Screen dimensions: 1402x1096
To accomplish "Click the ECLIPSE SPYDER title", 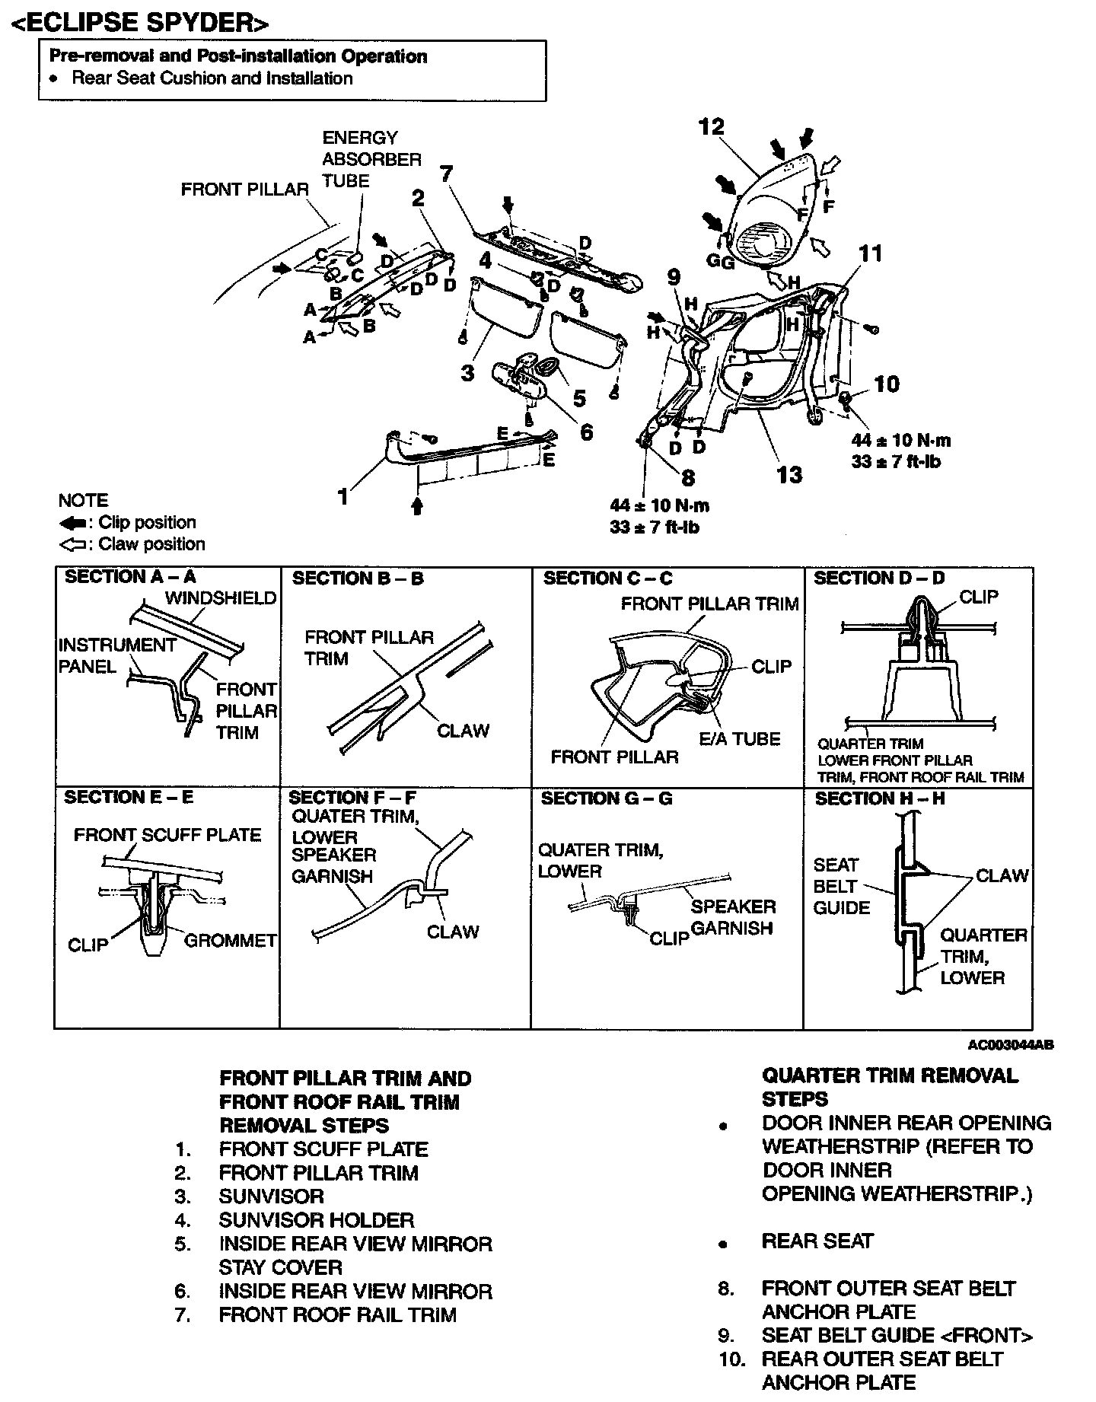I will [x=141, y=22].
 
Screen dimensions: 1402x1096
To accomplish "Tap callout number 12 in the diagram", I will [x=712, y=126].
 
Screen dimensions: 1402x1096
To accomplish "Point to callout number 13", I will [x=789, y=475].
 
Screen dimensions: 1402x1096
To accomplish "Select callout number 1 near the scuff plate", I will [x=343, y=497].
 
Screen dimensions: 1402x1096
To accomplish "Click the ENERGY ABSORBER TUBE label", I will [x=360, y=159].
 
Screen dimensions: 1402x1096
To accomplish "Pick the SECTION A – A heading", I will [x=130, y=577].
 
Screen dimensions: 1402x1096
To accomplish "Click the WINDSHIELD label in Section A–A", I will [x=221, y=598].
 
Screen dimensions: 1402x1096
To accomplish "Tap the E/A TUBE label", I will [x=740, y=739].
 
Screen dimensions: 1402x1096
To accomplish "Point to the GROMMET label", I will [x=231, y=941].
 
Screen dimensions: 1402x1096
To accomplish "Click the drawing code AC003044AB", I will [x=1011, y=1045].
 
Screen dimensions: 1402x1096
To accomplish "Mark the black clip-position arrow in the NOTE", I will [x=73, y=523].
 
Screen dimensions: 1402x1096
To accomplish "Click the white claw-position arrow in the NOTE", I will [x=73, y=545].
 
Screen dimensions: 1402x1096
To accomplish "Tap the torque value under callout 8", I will [x=659, y=515].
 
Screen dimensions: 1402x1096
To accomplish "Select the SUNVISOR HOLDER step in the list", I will [x=316, y=1220].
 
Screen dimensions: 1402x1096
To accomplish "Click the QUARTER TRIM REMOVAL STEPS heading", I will [x=889, y=1087].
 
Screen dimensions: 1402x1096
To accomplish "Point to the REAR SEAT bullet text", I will [x=817, y=1241].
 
